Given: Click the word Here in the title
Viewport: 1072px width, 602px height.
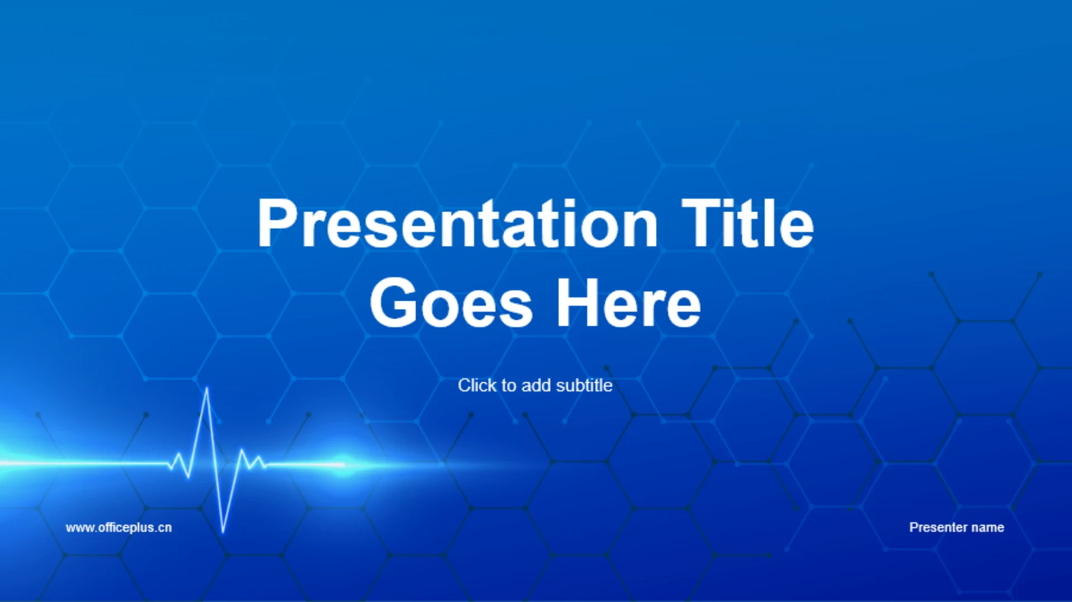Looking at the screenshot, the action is (629, 303).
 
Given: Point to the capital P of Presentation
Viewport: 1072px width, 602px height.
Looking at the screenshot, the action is (277, 223).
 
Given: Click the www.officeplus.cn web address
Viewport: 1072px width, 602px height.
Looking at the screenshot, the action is (118, 528).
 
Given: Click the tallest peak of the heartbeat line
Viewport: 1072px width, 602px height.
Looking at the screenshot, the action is (207, 388).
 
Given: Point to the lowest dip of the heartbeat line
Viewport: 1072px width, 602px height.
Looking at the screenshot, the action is (223, 531).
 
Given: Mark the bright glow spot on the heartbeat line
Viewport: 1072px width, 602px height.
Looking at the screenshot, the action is (343, 464).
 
